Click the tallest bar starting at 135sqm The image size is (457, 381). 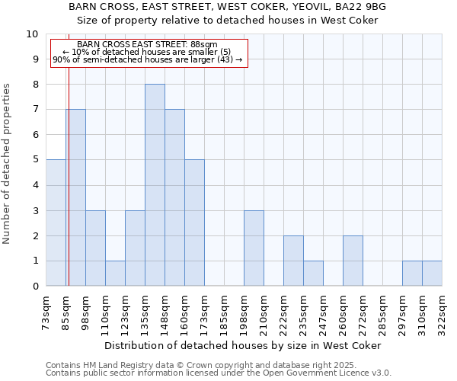coord(155,185)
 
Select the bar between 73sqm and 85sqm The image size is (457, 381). coord(56,223)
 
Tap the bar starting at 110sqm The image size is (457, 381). coord(115,273)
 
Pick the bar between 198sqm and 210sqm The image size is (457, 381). coord(254,248)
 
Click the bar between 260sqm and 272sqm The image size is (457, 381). coord(353,261)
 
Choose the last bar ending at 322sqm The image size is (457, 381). coord(432,273)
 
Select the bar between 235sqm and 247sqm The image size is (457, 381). coord(313,273)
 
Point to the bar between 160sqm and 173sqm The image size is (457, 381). coord(194,223)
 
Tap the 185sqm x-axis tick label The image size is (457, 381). coord(224,312)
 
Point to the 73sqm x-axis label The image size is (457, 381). coord(46,312)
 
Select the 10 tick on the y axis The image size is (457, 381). coord(32,34)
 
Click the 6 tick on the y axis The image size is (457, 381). coord(35,135)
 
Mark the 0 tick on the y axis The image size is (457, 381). coord(35,287)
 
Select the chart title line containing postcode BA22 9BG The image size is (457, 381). coord(228,6)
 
